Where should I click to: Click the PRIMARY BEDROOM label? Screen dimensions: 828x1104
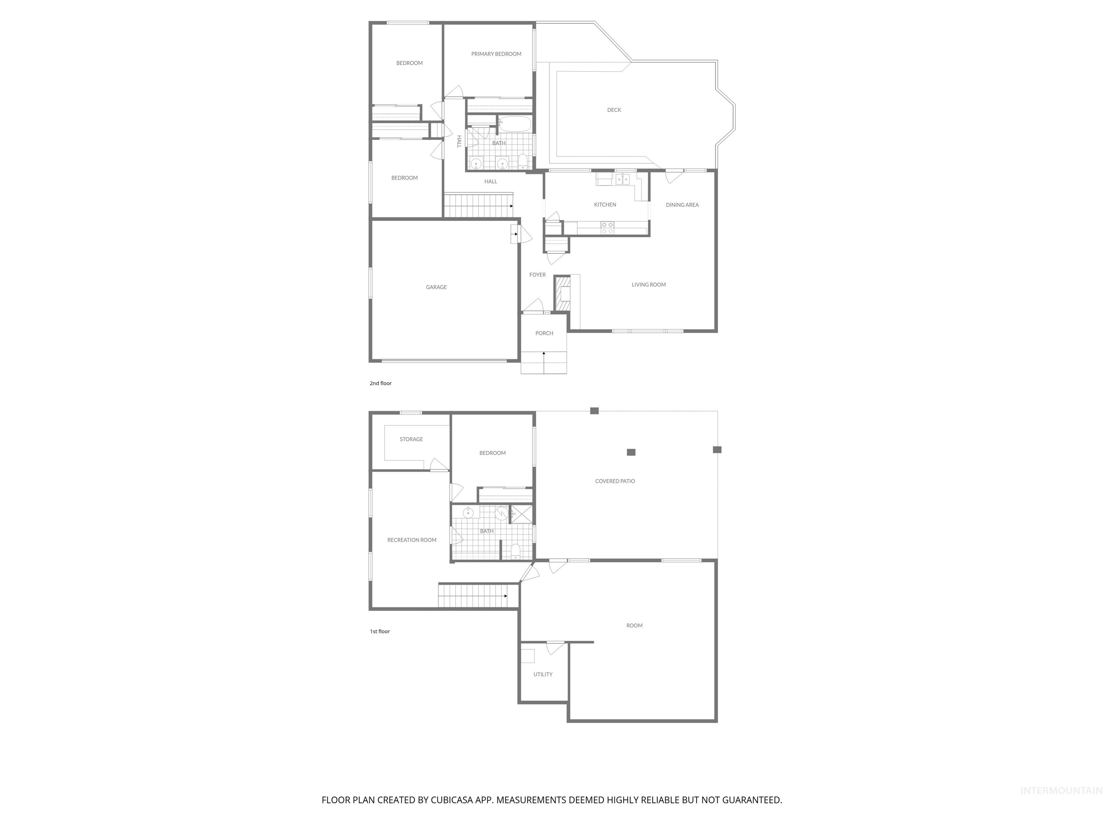click(496, 54)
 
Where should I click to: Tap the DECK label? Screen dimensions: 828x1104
click(614, 110)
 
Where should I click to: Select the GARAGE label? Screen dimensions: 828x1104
click(436, 287)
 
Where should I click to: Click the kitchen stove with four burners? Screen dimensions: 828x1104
click(607, 228)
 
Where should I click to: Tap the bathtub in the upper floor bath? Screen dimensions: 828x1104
click(515, 124)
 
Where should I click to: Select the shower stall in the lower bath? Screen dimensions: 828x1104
click(521, 514)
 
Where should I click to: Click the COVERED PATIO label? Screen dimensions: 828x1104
click(615, 481)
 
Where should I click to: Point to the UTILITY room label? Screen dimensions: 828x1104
click(543, 674)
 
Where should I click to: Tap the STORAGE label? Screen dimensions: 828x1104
click(411, 439)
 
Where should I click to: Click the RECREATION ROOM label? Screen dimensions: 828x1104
click(412, 540)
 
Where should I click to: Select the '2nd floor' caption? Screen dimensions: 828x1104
click(380, 383)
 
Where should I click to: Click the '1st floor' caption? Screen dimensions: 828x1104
click(379, 631)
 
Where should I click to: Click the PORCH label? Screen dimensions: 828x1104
click(544, 333)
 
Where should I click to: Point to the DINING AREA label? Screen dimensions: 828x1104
click(682, 204)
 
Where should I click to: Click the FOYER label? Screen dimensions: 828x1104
click(538, 275)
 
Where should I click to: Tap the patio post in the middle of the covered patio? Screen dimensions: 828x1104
click(631, 452)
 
